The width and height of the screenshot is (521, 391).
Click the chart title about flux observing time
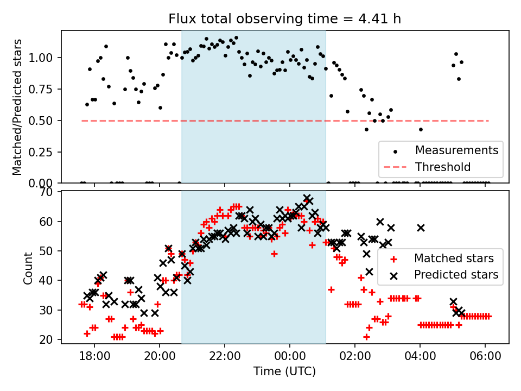pos(285,20)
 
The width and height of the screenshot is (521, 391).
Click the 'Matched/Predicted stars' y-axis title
pos(17,107)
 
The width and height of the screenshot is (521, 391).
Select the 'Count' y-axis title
pos(28,268)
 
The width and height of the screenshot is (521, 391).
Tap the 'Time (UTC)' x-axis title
pos(284,371)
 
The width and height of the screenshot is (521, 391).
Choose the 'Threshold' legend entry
pos(441,166)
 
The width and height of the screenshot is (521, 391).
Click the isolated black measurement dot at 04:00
pos(421,129)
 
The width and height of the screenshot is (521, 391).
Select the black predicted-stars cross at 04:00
pos(421,228)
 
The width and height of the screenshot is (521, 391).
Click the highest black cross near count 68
pos(307,198)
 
